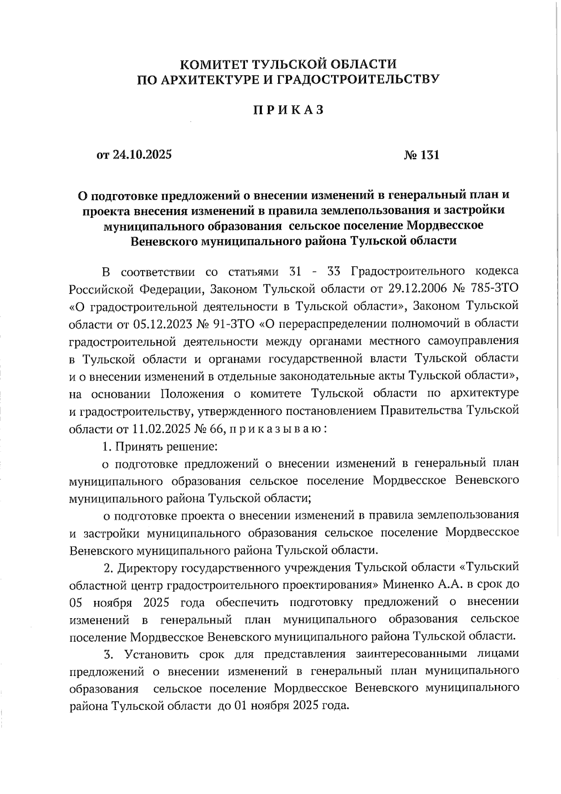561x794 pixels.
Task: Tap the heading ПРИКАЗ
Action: click(288, 110)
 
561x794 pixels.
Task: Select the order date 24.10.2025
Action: click(142, 155)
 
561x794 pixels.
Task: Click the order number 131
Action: click(429, 155)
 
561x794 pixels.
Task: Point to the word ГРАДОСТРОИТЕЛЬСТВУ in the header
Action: click(355, 80)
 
